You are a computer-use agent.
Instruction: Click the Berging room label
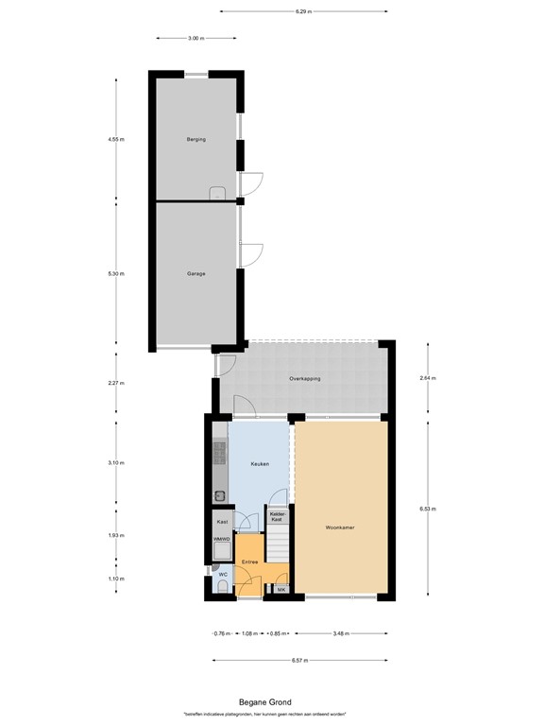coord(195,139)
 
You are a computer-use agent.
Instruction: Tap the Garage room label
coord(195,273)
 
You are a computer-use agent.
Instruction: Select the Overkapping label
coord(305,378)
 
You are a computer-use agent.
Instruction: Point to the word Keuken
coord(260,464)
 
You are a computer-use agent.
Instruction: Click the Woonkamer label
coord(340,527)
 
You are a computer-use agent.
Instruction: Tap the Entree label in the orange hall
coord(250,562)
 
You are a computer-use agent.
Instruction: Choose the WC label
coord(223,574)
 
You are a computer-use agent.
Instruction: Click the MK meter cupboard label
coord(280,590)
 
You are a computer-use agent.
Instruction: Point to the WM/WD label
coord(222,539)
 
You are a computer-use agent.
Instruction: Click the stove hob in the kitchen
coord(220,456)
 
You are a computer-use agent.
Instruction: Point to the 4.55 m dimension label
coord(116,139)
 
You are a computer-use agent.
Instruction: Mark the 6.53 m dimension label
coord(427,508)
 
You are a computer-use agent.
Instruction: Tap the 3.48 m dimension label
coord(341,633)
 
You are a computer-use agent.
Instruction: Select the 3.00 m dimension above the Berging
coord(195,38)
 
